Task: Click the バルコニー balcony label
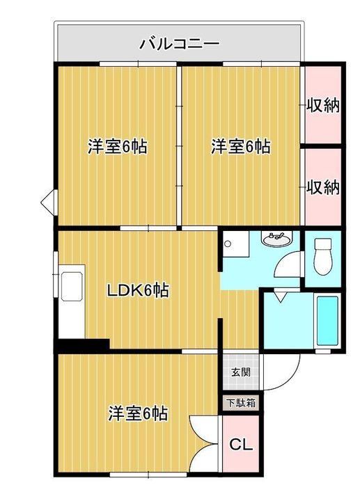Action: coord(180,43)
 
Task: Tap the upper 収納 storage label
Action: coord(323,105)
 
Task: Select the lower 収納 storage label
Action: coord(323,187)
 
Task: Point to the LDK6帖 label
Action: coord(137,290)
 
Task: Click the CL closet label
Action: coord(242,444)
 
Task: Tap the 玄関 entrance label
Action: coord(241,372)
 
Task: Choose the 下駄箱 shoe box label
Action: coord(241,403)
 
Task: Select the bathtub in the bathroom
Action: coord(327,321)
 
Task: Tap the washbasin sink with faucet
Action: coord(276,239)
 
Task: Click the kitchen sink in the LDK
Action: coord(72,287)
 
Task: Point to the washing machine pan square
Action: coord(236,244)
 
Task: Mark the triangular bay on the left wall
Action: coord(49,202)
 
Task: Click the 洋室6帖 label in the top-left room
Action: coord(118,147)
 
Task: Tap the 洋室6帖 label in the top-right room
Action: coord(240,147)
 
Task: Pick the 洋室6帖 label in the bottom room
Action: coord(138,414)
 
